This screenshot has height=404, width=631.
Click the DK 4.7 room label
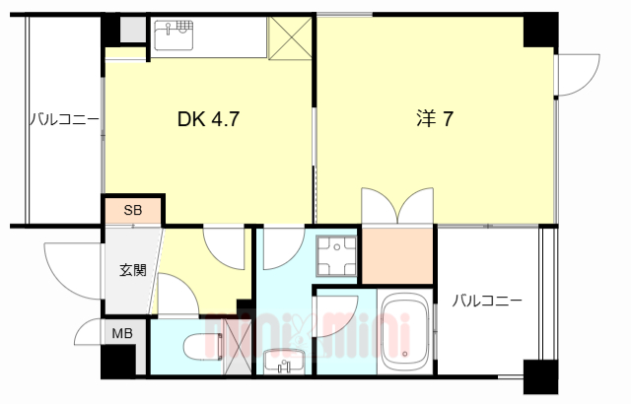pyautogui.click(x=208, y=119)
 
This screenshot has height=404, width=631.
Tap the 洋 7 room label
pyautogui.click(x=433, y=119)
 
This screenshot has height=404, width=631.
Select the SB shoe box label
pyautogui.click(x=132, y=210)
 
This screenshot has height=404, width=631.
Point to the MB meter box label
pyautogui.click(x=121, y=333)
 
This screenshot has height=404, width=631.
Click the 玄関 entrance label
pyautogui.click(x=133, y=269)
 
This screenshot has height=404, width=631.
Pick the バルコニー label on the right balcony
pyautogui.click(x=487, y=301)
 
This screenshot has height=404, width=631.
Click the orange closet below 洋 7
pyautogui.click(x=397, y=254)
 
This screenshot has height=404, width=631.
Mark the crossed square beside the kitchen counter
pyautogui.click(x=293, y=38)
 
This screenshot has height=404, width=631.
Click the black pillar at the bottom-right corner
pyautogui.click(x=540, y=377)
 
